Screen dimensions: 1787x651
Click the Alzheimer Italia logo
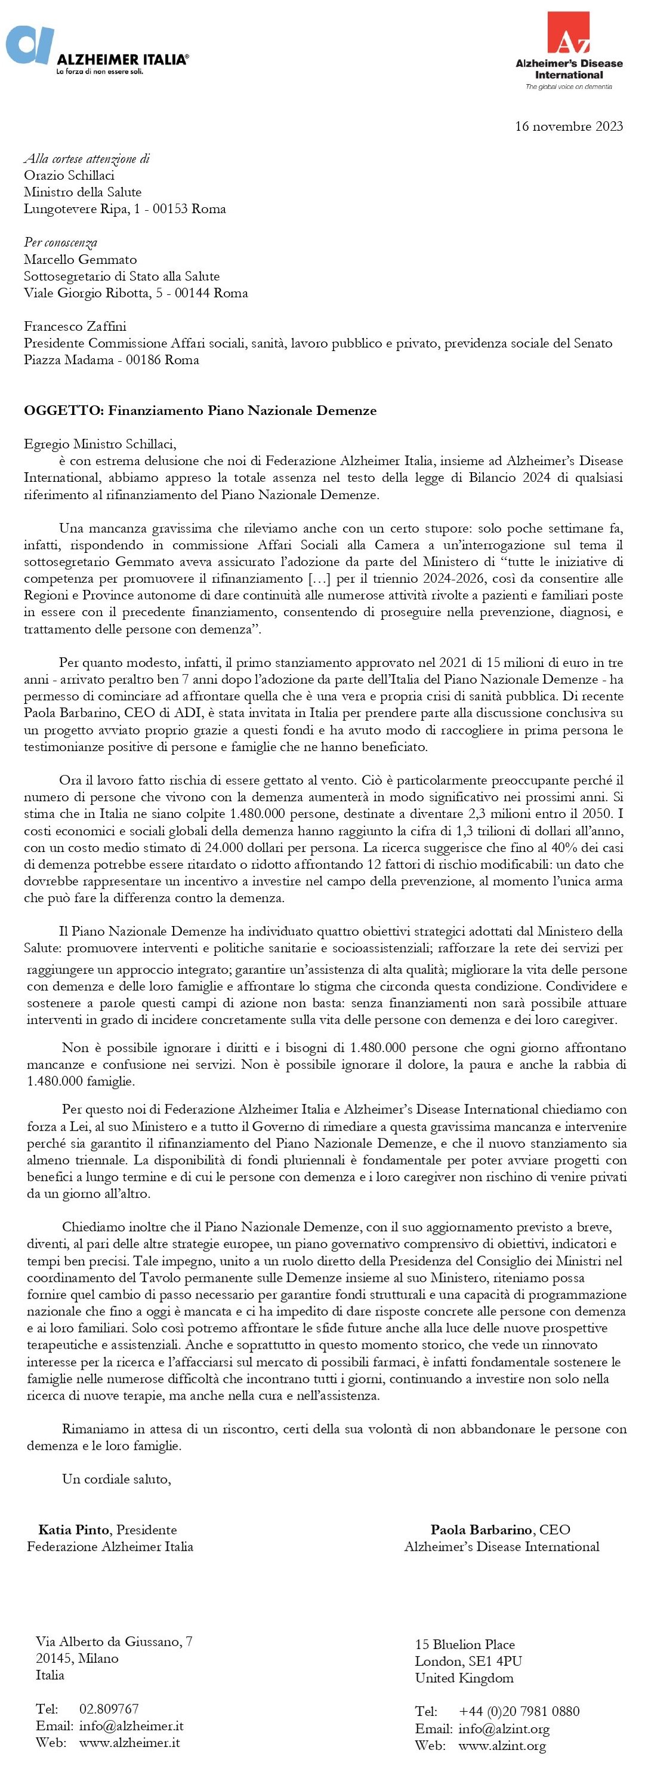tap(97, 51)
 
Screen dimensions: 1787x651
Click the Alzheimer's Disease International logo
tap(569, 51)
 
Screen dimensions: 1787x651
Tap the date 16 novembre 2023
tap(569, 126)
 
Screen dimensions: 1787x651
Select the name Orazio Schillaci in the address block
tap(69, 176)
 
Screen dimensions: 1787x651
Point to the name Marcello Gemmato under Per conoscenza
tap(81, 260)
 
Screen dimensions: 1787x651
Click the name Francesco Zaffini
tap(75, 326)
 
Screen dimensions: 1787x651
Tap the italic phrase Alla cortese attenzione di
tap(87, 159)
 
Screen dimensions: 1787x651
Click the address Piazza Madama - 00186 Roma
tap(111, 359)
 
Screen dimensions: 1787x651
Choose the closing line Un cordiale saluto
tap(116, 1479)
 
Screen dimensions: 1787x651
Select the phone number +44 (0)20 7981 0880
tap(519, 1711)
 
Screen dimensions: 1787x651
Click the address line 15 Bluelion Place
tap(464, 1645)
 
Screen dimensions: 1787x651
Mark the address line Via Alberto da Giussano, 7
tap(114, 1641)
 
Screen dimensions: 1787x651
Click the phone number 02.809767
tap(109, 1709)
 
